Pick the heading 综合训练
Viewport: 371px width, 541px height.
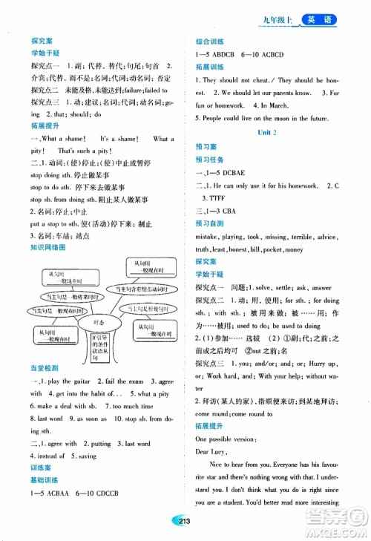click(x=211, y=42)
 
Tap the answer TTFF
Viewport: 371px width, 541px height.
click(x=214, y=198)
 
